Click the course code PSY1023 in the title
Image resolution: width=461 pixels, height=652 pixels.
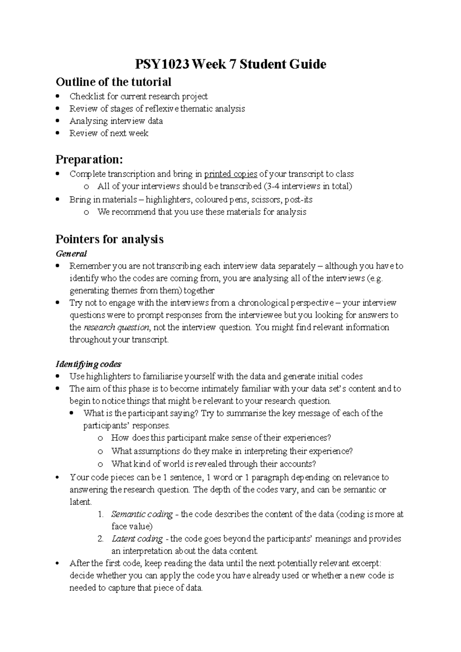162,64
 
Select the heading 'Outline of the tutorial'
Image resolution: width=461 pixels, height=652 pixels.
113,82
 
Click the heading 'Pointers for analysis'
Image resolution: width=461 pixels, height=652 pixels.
109,239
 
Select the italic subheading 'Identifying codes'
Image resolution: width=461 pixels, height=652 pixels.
88,364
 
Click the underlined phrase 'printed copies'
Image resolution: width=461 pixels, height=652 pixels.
230,174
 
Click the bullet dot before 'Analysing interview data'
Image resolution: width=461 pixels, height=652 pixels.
58,121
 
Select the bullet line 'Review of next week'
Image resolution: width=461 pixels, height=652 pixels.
109,133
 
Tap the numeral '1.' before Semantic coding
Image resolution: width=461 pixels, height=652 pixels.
101,514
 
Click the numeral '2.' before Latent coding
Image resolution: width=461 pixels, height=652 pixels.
101,539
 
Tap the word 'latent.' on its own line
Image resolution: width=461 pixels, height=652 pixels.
80,502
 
